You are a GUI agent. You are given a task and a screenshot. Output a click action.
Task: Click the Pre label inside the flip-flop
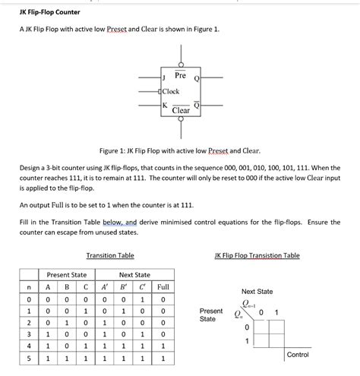(x=180, y=76)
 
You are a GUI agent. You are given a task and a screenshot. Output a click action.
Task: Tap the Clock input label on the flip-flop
(x=171, y=91)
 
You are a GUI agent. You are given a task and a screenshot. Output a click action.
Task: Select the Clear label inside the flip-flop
(x=181, y=111)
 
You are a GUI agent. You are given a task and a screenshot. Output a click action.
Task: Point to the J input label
(x=164, y=77)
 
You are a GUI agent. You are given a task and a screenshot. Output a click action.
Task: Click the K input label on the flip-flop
(x=164, y=105)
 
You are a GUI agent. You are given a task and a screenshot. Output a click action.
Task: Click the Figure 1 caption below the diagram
(x=180, y=151)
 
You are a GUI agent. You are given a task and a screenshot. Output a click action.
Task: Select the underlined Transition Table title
(x=110, y=256)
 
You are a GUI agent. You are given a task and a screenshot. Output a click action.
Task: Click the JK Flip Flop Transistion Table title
(x=257, y=256)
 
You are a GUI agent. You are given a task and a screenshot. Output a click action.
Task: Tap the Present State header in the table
(x=67, y=274)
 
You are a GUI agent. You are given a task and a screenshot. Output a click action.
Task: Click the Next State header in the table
(x=134, y=274)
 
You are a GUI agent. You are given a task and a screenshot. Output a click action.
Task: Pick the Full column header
(x=162, y=287)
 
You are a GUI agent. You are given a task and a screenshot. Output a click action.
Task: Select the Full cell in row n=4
(x=162, y=343)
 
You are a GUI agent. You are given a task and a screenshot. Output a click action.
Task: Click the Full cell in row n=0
(x=162, y=301)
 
